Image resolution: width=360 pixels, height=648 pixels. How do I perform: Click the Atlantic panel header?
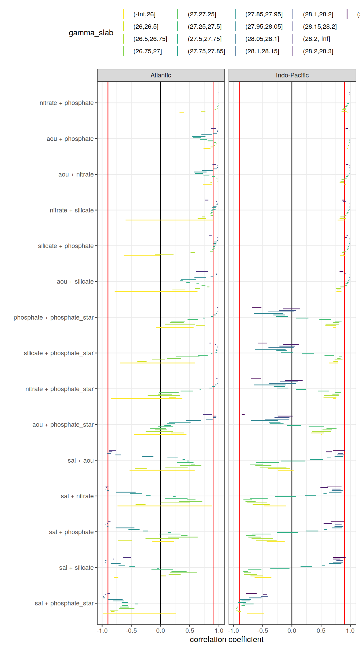(161, 75)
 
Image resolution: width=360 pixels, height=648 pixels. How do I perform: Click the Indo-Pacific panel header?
(292, 75)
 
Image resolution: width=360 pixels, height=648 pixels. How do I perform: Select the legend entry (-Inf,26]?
(144, 14)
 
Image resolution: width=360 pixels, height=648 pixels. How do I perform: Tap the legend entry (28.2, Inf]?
(316, 39)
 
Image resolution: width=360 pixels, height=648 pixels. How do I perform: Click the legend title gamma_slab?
(91, 33)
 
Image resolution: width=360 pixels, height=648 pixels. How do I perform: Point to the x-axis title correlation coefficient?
(227, 639)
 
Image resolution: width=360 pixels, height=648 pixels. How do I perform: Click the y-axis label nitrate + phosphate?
(66, 103)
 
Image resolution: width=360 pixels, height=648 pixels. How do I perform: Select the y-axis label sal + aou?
(80, 460)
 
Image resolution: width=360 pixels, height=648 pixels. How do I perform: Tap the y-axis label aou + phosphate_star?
(63, 425)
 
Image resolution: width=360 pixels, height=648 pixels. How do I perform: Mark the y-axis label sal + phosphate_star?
(64, 603)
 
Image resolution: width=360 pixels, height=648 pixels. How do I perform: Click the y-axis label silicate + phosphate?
(66, 246)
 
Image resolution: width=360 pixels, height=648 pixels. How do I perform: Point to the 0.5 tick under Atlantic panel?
(190, 631)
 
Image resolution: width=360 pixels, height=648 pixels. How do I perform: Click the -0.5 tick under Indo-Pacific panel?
(262, 631)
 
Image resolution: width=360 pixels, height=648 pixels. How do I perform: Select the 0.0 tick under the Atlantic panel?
(160, 631)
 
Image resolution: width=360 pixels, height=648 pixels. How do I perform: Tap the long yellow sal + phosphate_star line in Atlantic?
(139, 613)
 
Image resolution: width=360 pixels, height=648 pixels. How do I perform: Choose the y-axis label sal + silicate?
(76, 568)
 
